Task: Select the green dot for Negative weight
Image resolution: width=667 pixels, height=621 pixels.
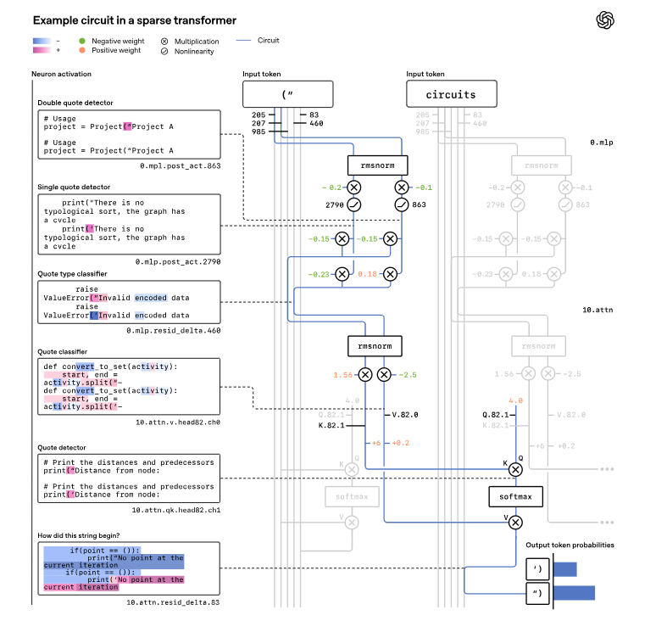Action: (x=81, y=41)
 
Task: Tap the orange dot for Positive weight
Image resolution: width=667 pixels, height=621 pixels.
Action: (x=81, y=51)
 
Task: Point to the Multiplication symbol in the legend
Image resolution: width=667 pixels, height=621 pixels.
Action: (x=164, y=41)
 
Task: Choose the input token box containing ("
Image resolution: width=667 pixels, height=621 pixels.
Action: (x=288, y=94)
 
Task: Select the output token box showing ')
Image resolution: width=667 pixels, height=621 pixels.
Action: (x=538, y=568)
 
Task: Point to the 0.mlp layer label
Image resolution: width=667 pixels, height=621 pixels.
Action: (x=603, y=143)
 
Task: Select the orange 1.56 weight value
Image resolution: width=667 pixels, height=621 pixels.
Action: (x=343, y=374)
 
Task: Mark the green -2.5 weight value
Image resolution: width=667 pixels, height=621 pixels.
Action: (x=409, y=374)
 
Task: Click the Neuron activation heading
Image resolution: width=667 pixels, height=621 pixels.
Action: (x=61, y=75)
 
